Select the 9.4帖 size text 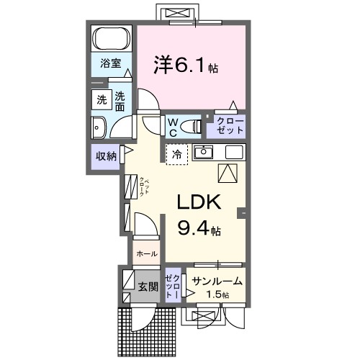pos(199,230)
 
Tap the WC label pos(174,127)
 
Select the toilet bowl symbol pos(192,127)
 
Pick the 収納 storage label pos(104,156)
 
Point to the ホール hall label pos(147,254)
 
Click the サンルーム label pos(216,282)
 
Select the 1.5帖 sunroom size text pos(216,295)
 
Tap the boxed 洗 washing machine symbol pos(100,100)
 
